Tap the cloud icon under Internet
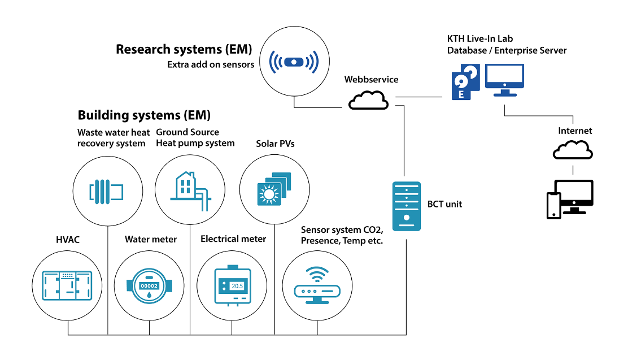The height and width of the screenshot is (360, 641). tap(573, 150)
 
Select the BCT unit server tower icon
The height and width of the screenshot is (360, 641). tap(407, 205)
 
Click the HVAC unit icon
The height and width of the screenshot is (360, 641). tap(67, 285)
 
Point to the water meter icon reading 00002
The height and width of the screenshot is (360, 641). tap(149, 286)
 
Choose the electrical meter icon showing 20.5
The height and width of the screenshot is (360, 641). tap(233, 286)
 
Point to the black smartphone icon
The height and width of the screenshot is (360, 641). tap(553, 205)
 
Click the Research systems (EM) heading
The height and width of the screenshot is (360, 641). tap(184, 49)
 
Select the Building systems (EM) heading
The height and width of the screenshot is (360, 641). tap(144, 115)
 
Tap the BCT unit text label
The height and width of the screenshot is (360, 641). tap(444, 204)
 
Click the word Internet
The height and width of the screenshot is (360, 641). tap(575, 131)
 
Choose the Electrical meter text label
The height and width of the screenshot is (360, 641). tap(233, 239)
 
